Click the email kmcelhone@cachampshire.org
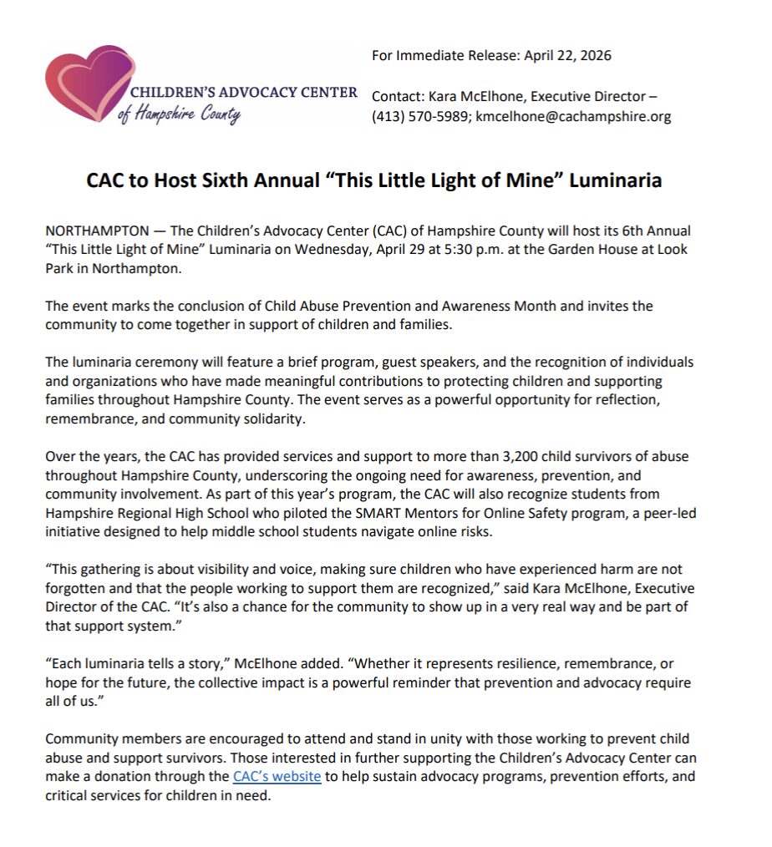(x=574, y=116)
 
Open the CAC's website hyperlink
(x=277, y=777)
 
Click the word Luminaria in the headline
(x=616, y=180)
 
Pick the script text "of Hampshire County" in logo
(x=180, y=114)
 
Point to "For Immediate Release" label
(x=445, y=56)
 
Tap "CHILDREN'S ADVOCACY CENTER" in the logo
(x=243, y=92)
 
